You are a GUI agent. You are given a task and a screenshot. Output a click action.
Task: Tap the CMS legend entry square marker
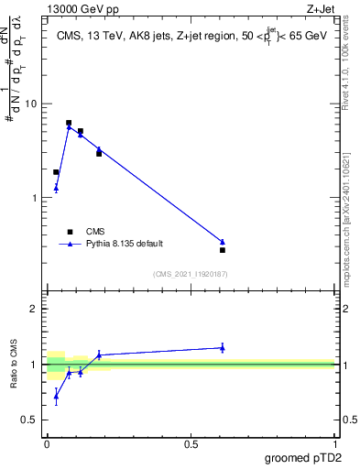coord(68,232)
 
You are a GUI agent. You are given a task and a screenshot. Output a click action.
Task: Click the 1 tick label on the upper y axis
coord(37,198)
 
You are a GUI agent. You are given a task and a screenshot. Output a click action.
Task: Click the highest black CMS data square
coord(69,123)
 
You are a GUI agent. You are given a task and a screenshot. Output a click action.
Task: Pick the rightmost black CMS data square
coord(223,250)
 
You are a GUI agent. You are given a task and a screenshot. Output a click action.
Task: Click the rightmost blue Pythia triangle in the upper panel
coord(223,242)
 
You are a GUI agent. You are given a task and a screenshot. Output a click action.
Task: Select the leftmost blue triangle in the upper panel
coord(56,189)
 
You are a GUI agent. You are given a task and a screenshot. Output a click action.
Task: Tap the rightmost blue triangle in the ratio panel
coord(223,347)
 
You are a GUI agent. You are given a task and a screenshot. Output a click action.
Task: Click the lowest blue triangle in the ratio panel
coord(56,397)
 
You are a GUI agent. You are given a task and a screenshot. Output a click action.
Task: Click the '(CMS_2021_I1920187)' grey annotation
coord(190,274)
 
